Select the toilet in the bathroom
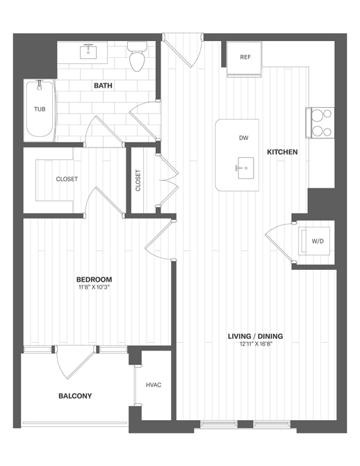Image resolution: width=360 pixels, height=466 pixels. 136,57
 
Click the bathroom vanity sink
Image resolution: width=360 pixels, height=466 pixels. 89,51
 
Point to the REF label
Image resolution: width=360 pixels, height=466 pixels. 245,58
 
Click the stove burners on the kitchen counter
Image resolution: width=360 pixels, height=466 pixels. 321,122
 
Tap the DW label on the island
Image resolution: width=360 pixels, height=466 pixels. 243,138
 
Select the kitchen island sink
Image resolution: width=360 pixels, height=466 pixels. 244,168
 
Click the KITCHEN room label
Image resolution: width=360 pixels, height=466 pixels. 283,152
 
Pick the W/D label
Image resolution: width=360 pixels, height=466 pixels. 318,241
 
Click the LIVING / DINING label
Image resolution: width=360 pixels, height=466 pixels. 255,337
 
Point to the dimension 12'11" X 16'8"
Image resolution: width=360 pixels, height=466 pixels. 255,345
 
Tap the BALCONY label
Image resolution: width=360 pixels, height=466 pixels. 75,396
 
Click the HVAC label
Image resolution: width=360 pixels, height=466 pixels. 154,385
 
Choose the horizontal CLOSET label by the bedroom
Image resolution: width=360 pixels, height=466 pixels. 67,179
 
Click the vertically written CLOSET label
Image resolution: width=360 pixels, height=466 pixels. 138,180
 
